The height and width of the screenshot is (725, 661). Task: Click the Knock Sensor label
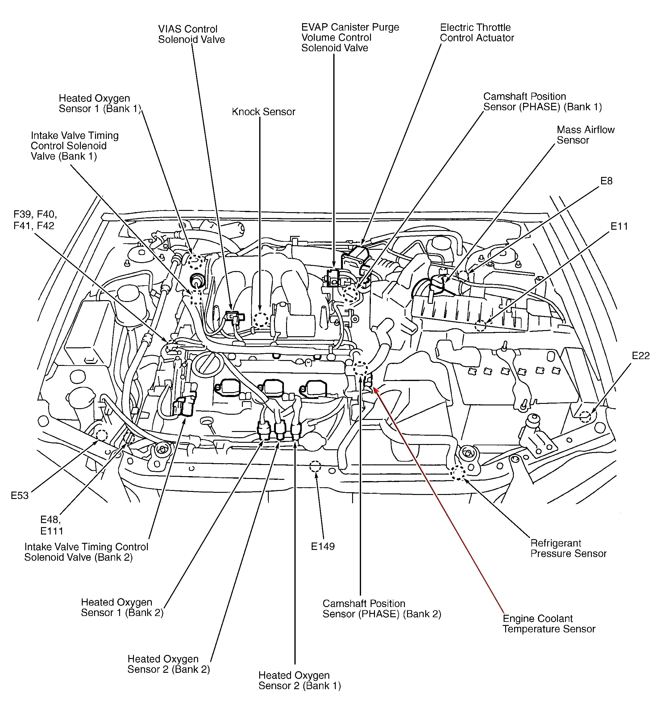pyautogui.click(x=263, y=112)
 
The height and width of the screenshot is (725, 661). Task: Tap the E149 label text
pyautogui.click(x=322, y=546)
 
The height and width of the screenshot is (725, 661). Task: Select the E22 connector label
pyautogui.click(x=641, y=356)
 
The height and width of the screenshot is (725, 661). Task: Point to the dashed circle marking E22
pyautogui.click(x=585, y=417)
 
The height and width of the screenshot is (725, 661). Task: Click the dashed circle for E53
pyautogui.click(x=101, y=435)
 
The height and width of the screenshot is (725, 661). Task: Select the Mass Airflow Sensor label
pyautogui.click(x=585, y=135)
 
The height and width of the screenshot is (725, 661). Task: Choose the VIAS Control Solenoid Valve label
pyautogui.click(x=191, y=34)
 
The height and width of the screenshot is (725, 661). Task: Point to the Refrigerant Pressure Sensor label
pyautogui.click(x=568, y=548)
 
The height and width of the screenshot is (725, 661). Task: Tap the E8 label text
pyautogui.click(x=606, y=181)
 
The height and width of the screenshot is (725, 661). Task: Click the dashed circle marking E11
pyautogui.click(x=480, y=326)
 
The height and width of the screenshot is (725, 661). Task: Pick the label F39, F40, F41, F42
pyautogui.click(x=35, y=220)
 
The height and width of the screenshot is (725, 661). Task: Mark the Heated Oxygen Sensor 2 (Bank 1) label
pyautogui.click(x=299, y=681)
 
